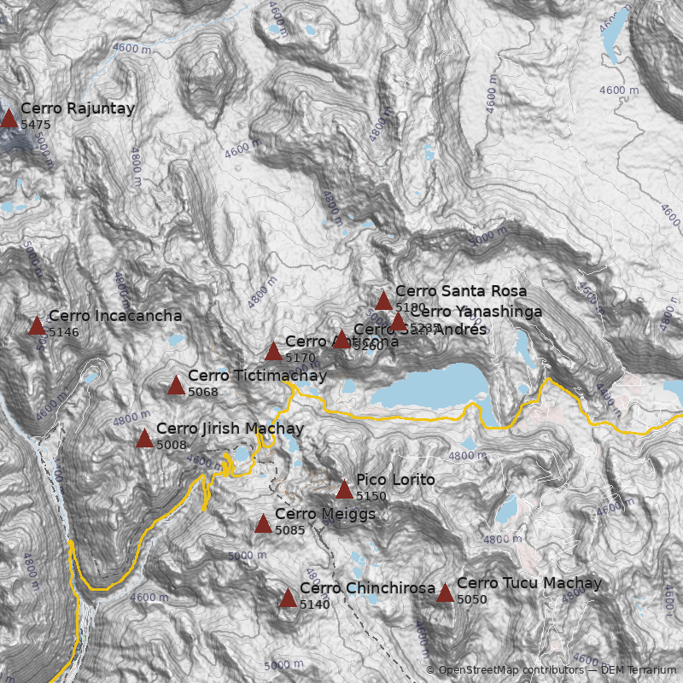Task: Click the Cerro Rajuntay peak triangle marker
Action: tap(9, 119)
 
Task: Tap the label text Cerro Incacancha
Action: tap(114, 316)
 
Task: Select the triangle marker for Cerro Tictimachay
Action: tap(176, 386)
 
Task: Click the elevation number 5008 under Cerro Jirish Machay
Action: tap(171, 445)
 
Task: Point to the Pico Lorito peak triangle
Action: tap(344, 490)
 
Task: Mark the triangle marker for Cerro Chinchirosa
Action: tap(288, 598)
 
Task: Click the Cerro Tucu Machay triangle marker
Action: tap(445, 593)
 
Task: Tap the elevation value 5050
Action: tap(471, 599)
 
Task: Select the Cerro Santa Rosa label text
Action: tap(461, 291)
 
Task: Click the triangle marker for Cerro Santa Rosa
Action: tap(383, 301)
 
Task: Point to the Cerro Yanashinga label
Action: tap(476, 312)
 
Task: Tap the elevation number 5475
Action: tap(36, 125)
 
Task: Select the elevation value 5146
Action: tap(64, 332)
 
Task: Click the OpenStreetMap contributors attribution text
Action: tap(503, 670)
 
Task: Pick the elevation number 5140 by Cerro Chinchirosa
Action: tap(314, 604)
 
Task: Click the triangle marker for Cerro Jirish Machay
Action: tap(144, 439)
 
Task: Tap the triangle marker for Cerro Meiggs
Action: tap(263, 524)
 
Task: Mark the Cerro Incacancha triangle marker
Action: tap(37, 326)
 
